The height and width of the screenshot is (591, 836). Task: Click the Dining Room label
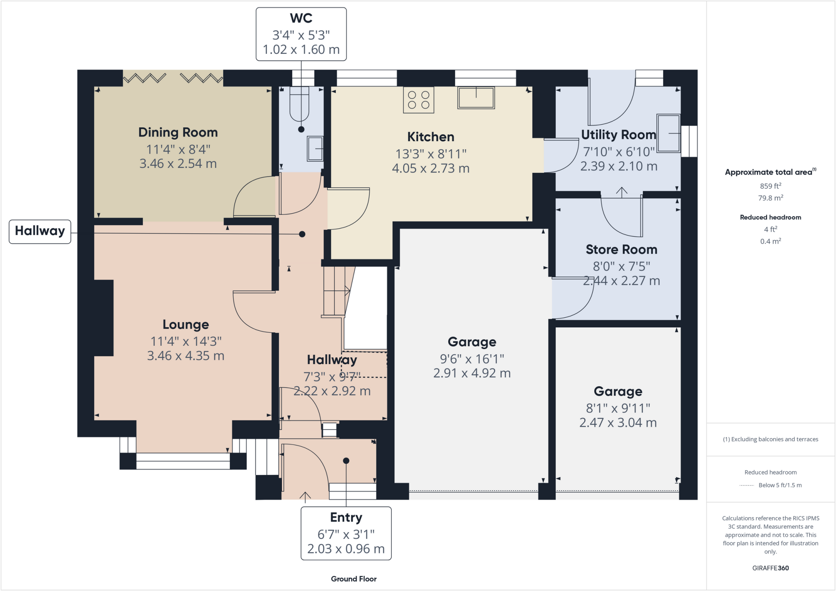coord(178,133)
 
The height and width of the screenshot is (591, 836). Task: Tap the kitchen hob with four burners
coord(418,100)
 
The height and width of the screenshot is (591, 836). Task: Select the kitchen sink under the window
coord(476,98)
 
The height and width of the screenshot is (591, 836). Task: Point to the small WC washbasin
coord(315,148)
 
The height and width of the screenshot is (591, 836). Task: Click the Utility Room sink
coord(669,133)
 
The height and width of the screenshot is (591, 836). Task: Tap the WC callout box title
coord(301,18)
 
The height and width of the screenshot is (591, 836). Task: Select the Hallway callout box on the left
coord(40,231)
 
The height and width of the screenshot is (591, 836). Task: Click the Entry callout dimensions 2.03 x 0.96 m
coord(346,549)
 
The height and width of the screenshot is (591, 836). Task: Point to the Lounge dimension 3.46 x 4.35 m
coord(186,356)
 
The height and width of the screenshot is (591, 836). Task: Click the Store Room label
coord(621,250)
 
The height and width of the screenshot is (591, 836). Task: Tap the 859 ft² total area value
coord(770,186)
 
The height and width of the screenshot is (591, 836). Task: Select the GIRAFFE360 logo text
coord(770,568)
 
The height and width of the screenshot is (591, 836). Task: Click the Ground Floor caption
coord(354,579)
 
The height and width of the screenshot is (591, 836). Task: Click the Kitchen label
coord(431,137)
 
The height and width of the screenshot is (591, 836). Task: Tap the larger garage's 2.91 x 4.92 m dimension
coord(472,373)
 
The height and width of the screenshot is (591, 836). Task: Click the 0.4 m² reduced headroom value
coord(770,241)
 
